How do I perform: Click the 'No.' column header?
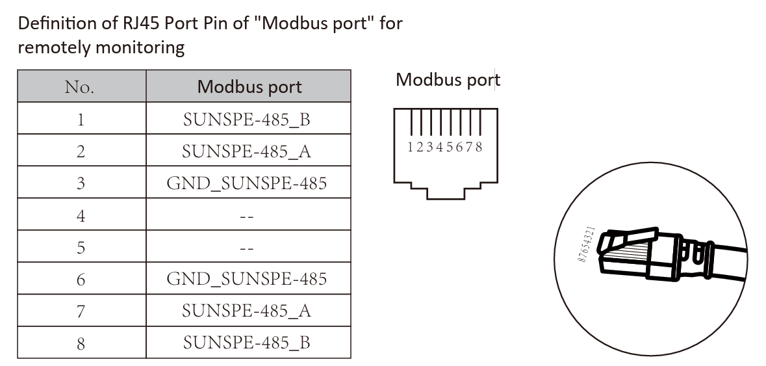coord(80,86)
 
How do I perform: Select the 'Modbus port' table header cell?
coord(249,86)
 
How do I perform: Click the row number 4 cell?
coord(81,216)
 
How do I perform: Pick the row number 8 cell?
coord(81,343)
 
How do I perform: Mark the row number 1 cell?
coord(81,119)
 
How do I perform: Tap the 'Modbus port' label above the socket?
coord(448,80)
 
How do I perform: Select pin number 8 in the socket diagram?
coord(479,148)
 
